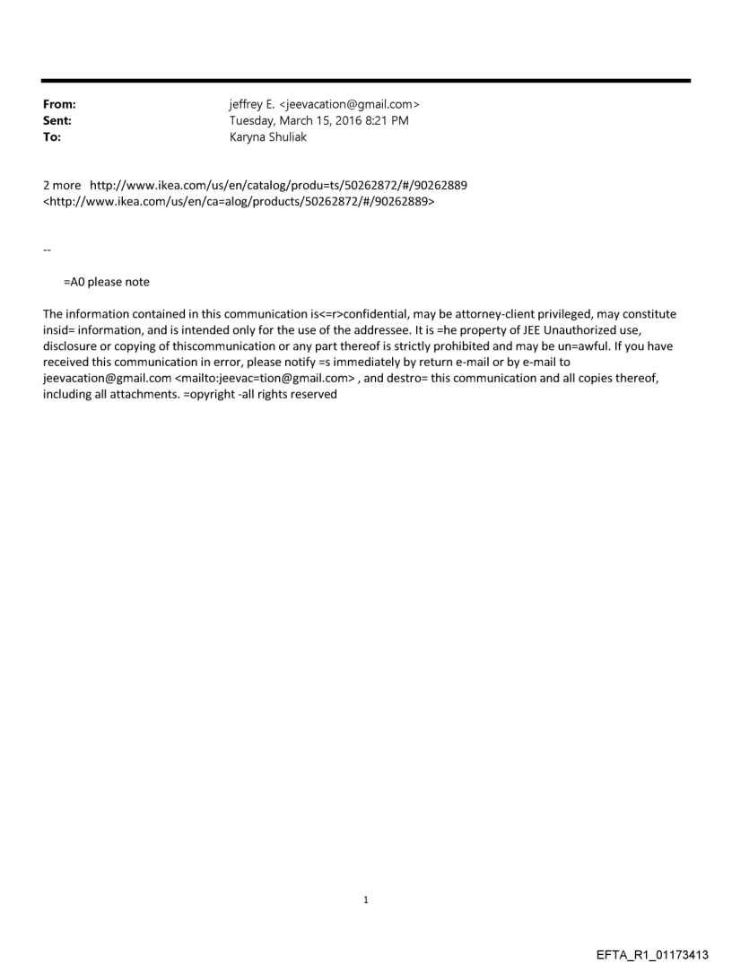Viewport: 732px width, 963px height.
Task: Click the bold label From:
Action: coord(59,105)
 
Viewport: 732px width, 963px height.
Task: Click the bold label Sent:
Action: coord(57,120)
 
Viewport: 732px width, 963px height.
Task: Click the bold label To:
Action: coord(52,136)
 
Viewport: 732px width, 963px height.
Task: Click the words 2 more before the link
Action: coord(62,185)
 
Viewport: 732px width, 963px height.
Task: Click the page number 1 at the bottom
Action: coord(366,899)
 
